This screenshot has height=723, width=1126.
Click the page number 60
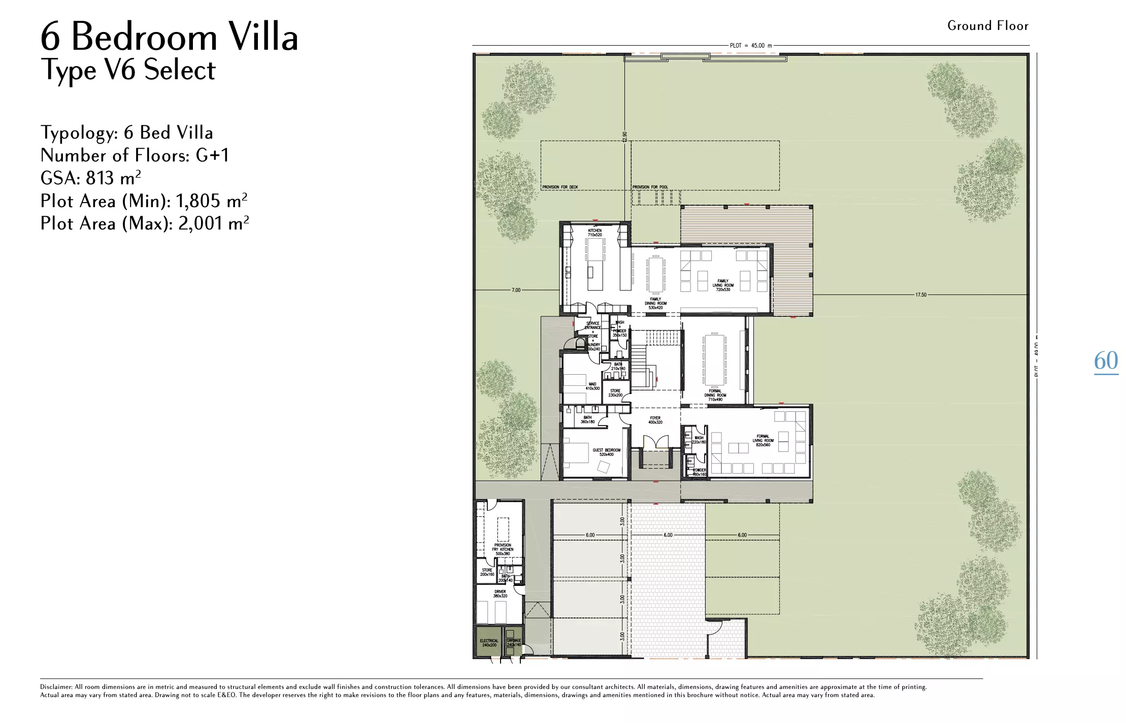1106,361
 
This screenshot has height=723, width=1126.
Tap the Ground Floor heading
987,26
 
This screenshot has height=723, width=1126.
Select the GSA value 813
100,178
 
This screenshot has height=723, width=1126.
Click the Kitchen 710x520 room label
594,233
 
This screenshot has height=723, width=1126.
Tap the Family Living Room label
723,285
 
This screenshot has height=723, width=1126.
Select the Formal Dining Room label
715,395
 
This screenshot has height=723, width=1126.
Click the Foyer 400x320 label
655,420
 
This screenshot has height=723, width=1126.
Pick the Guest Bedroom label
606,452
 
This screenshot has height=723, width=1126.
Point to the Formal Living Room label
763,440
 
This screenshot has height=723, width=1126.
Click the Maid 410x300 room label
592,386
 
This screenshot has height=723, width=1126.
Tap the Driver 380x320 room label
500,594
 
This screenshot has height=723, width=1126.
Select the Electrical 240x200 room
489,643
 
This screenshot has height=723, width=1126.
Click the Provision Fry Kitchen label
503,549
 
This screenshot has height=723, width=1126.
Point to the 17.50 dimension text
920,294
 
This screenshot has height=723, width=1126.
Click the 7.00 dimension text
516,290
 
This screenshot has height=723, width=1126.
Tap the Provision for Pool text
650,187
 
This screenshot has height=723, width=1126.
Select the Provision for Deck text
560,187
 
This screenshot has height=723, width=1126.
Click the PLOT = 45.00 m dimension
750,46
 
